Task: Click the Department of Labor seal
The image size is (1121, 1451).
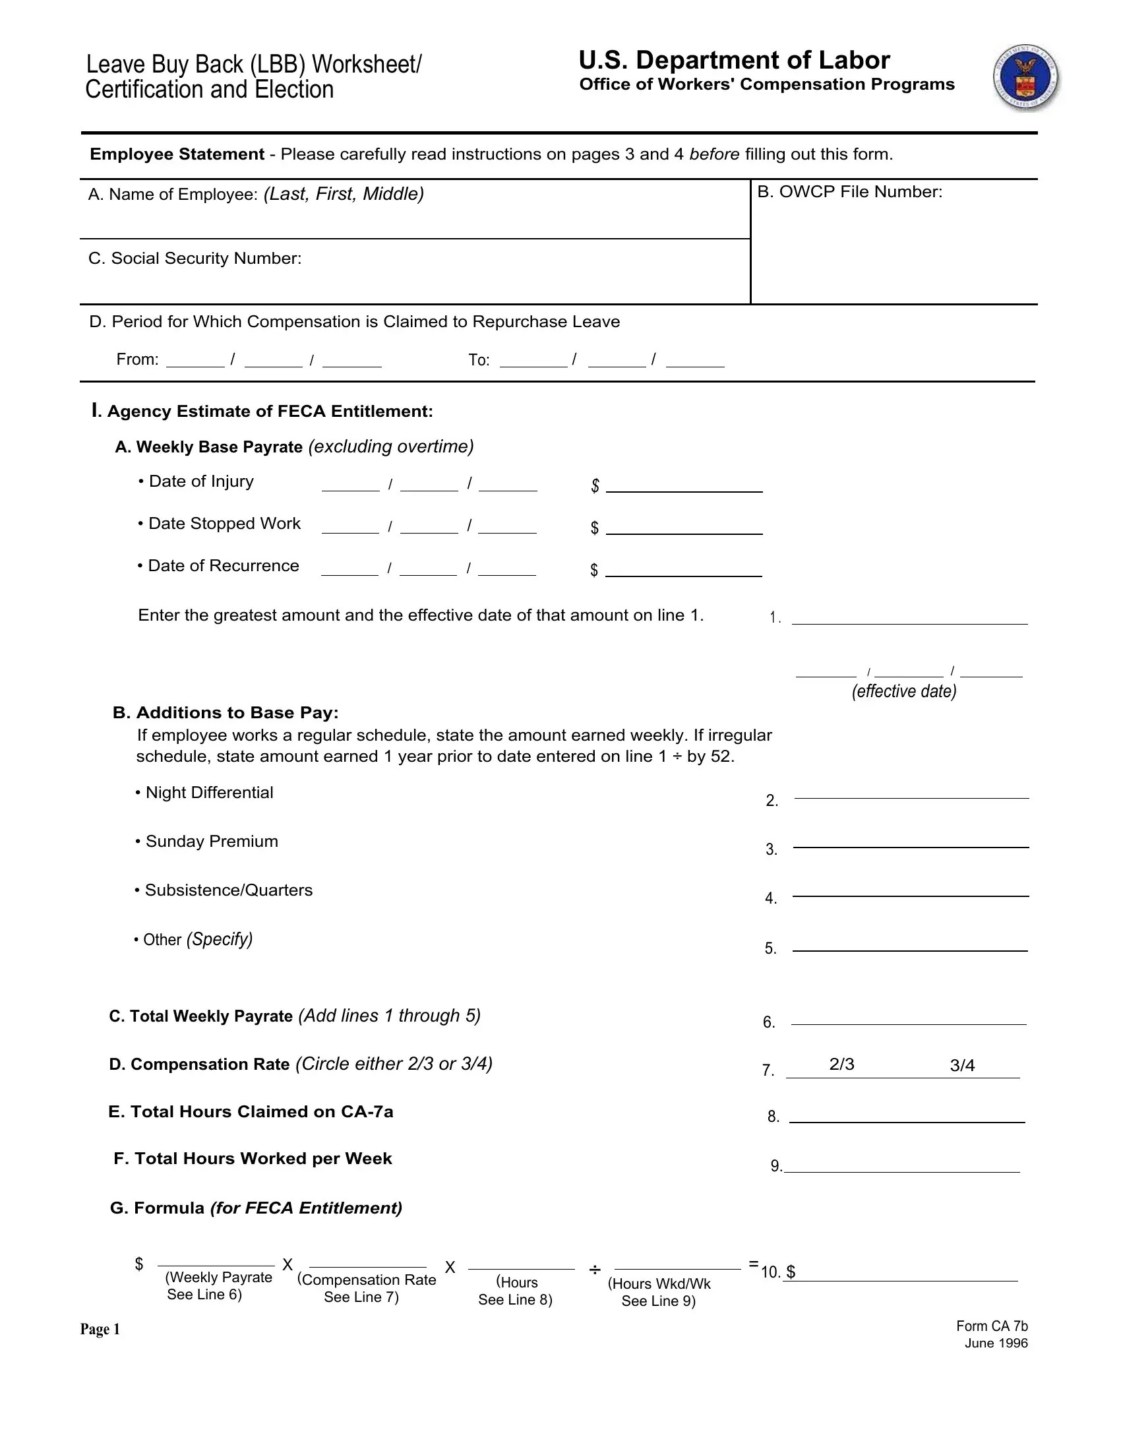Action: [x=1026, y=78]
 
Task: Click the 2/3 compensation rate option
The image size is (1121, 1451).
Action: [x=841, y=1065]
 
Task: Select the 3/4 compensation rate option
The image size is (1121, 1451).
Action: [x=962, y=1066]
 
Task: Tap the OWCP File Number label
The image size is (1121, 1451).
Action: [x=849, y=192]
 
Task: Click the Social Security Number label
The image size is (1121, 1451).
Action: [x=195, y=259]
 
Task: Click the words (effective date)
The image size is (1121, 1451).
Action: [x=904, y=692]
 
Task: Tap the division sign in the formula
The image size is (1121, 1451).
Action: [x=594, y=1270]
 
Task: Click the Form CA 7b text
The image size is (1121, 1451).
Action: [x=992, y=1326]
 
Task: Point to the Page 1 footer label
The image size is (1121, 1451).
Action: [x=100, y=1329]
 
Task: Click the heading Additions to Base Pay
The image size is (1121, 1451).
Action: [x=226, y=713]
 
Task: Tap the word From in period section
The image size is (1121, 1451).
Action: [x=136, y=359]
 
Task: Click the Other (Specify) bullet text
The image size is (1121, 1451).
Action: [x=193, y=939]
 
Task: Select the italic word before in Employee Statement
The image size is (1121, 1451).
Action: [x=714, y=154]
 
